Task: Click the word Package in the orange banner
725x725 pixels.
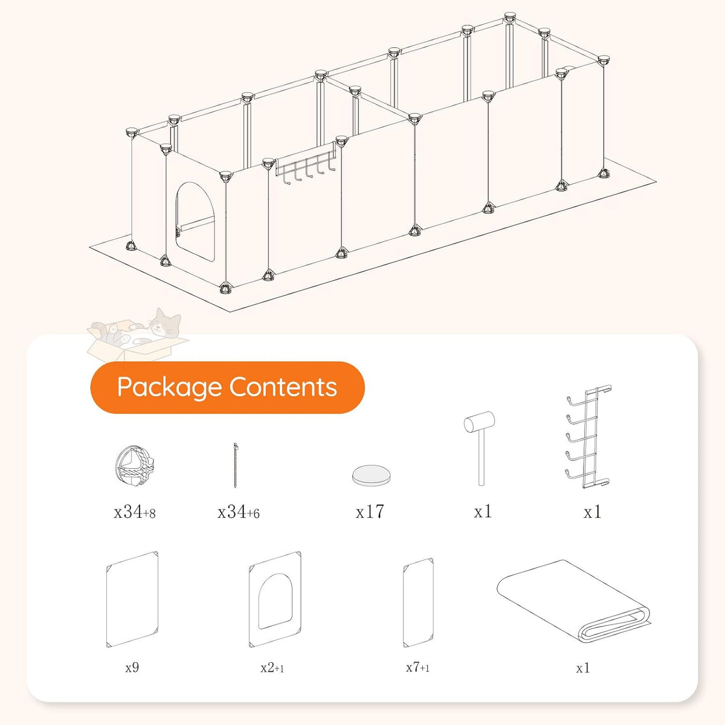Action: click(169, 388)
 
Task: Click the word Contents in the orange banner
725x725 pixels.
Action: click(283, 387)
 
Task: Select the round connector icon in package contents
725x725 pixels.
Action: click(134, 466)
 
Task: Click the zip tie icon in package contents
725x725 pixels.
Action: click(236, 465)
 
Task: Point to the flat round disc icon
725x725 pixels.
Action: click(371, 475)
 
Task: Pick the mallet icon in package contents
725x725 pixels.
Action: click(480, 448)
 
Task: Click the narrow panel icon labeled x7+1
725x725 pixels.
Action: click(418, 603)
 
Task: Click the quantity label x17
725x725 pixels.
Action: click(370, 511)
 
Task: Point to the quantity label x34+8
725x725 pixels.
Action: click(134, 512)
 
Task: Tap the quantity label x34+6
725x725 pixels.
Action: click(238, 512)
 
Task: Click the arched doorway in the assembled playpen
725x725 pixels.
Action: click(195, 222)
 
